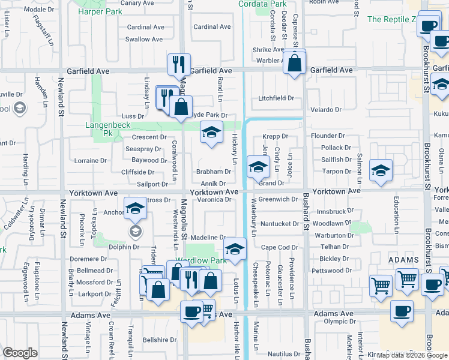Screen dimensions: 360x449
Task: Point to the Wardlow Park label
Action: click(x=205, y=261)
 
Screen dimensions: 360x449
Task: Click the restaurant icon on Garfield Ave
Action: click(x=179, y=64)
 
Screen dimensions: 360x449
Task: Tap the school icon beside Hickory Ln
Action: click(x=211, y=133)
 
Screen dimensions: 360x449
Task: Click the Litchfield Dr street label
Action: click(x=276, y=98)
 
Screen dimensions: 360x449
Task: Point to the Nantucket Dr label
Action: click(x=279, y=224)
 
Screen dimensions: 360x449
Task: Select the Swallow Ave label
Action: click(x=144, y=40)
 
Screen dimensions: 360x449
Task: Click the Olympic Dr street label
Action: click(x=336, y=322)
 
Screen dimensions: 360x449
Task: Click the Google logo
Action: click(x=20, y=353)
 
